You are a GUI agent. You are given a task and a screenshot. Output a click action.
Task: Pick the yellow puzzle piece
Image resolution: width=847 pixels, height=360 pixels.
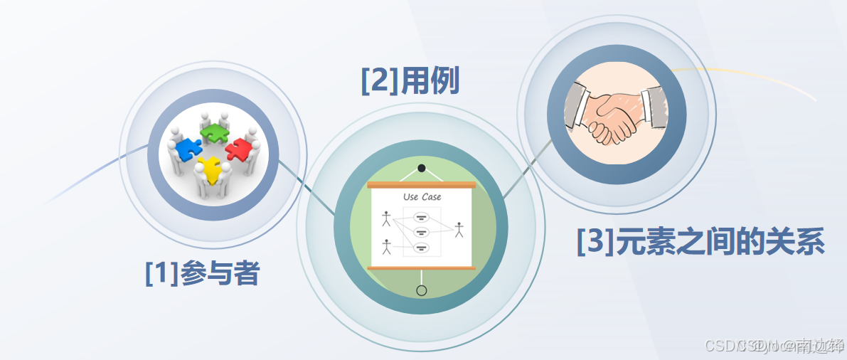210,169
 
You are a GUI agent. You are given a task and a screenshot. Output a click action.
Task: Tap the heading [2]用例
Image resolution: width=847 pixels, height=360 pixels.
410,82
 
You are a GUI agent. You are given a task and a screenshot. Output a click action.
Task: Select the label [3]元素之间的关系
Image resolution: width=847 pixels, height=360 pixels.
700,243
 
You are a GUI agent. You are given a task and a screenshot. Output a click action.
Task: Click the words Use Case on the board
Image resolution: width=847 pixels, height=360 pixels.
422,197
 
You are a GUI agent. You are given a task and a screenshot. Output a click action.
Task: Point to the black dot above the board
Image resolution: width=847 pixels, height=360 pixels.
422,168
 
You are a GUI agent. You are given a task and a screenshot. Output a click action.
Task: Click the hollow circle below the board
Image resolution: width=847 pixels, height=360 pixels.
422,290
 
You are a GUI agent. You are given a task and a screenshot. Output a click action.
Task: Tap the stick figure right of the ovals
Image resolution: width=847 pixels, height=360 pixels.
459,230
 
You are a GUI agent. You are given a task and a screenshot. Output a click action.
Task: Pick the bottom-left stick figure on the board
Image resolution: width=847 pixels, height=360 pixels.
386,247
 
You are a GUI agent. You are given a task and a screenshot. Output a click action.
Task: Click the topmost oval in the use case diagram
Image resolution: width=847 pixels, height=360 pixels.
421,217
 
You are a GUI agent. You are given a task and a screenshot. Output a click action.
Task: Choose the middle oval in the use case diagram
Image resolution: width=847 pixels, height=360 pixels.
421,232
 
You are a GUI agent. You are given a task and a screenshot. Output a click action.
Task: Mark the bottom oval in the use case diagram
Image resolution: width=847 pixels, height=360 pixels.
421,248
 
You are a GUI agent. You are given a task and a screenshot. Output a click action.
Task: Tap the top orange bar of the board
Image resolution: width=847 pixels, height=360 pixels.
422,185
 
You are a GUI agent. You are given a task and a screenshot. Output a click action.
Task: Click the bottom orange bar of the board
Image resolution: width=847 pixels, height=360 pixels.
422,268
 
